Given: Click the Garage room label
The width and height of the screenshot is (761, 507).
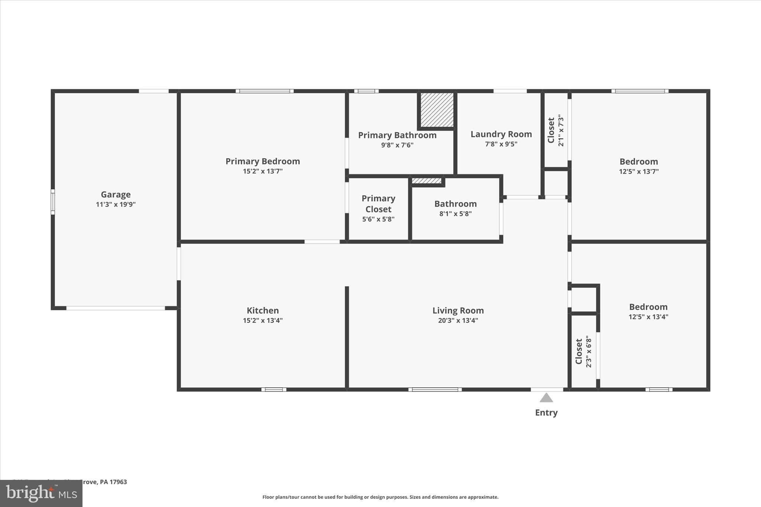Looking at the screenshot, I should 116,194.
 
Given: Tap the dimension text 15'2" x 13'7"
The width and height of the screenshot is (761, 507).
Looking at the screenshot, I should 263,171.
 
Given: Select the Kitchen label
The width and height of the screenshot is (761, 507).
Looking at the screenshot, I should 263,310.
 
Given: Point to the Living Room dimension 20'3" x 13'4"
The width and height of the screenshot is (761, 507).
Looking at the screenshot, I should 458,320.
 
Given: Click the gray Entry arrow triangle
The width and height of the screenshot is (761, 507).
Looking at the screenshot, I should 546,398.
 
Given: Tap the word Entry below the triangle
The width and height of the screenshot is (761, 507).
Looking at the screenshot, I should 546,412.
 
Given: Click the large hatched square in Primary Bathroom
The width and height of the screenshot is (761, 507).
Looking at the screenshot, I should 437,110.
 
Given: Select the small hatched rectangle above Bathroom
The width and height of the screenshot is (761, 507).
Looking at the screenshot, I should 427,181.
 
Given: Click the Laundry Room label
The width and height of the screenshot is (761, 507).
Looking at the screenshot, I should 501,134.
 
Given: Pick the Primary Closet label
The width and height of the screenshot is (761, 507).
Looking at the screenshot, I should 378,204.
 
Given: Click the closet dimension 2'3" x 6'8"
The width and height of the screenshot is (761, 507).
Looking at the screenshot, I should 589,352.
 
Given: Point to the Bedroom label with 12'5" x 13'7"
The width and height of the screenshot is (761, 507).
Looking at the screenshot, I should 638,162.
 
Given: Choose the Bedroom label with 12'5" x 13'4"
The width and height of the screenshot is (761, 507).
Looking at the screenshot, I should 648,307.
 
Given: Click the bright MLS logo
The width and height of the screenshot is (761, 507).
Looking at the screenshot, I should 41,493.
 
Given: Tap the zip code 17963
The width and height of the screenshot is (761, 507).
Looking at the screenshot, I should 118,482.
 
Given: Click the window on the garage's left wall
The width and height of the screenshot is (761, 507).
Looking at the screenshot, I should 53,202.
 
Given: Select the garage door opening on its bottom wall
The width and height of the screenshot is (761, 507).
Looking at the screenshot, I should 116,308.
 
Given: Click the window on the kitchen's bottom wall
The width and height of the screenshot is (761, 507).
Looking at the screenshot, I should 274,389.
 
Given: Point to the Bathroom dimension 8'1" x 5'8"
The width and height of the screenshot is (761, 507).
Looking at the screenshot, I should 455,214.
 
